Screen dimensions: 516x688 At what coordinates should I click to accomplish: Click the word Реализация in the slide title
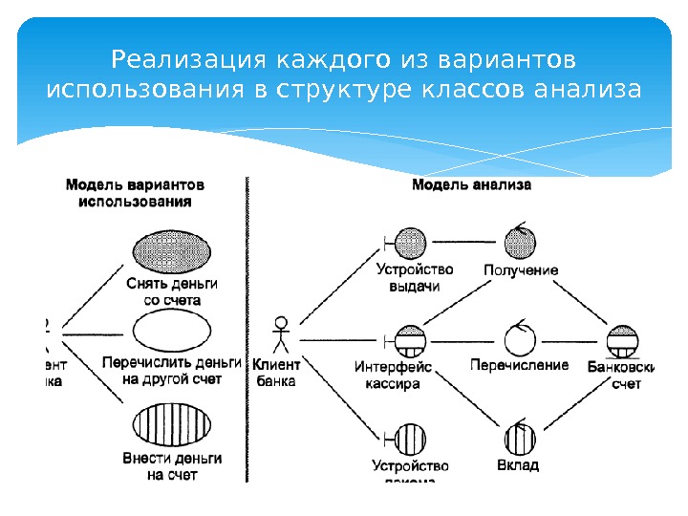[x=190, y=61]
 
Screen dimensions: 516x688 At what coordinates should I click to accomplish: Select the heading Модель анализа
[x=471, y=185]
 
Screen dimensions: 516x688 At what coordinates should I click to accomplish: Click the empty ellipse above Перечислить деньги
[x=172, y=331]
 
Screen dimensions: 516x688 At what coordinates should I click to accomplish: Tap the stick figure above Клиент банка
[x=280, y=334]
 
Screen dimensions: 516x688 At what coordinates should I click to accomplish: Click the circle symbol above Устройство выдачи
[x=411, y=242]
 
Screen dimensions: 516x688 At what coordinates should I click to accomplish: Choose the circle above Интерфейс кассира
[x=411, y=339]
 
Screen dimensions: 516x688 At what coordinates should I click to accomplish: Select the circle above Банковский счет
[x=623, y=339]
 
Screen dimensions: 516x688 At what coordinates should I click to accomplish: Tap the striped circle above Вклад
[x=519, y=439]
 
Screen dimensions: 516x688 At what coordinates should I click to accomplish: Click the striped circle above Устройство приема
[x=411, y=439]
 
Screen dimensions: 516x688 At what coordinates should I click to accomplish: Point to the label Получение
[x=521, y=270]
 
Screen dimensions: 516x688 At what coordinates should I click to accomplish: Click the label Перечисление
[x=519, y=365]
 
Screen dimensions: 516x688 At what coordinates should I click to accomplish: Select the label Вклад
[x=518, y=465]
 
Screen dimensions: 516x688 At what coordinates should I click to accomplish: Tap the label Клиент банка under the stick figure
[x=276, y=372]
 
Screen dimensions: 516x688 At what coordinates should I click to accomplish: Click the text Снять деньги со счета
[x=172, y=291]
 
